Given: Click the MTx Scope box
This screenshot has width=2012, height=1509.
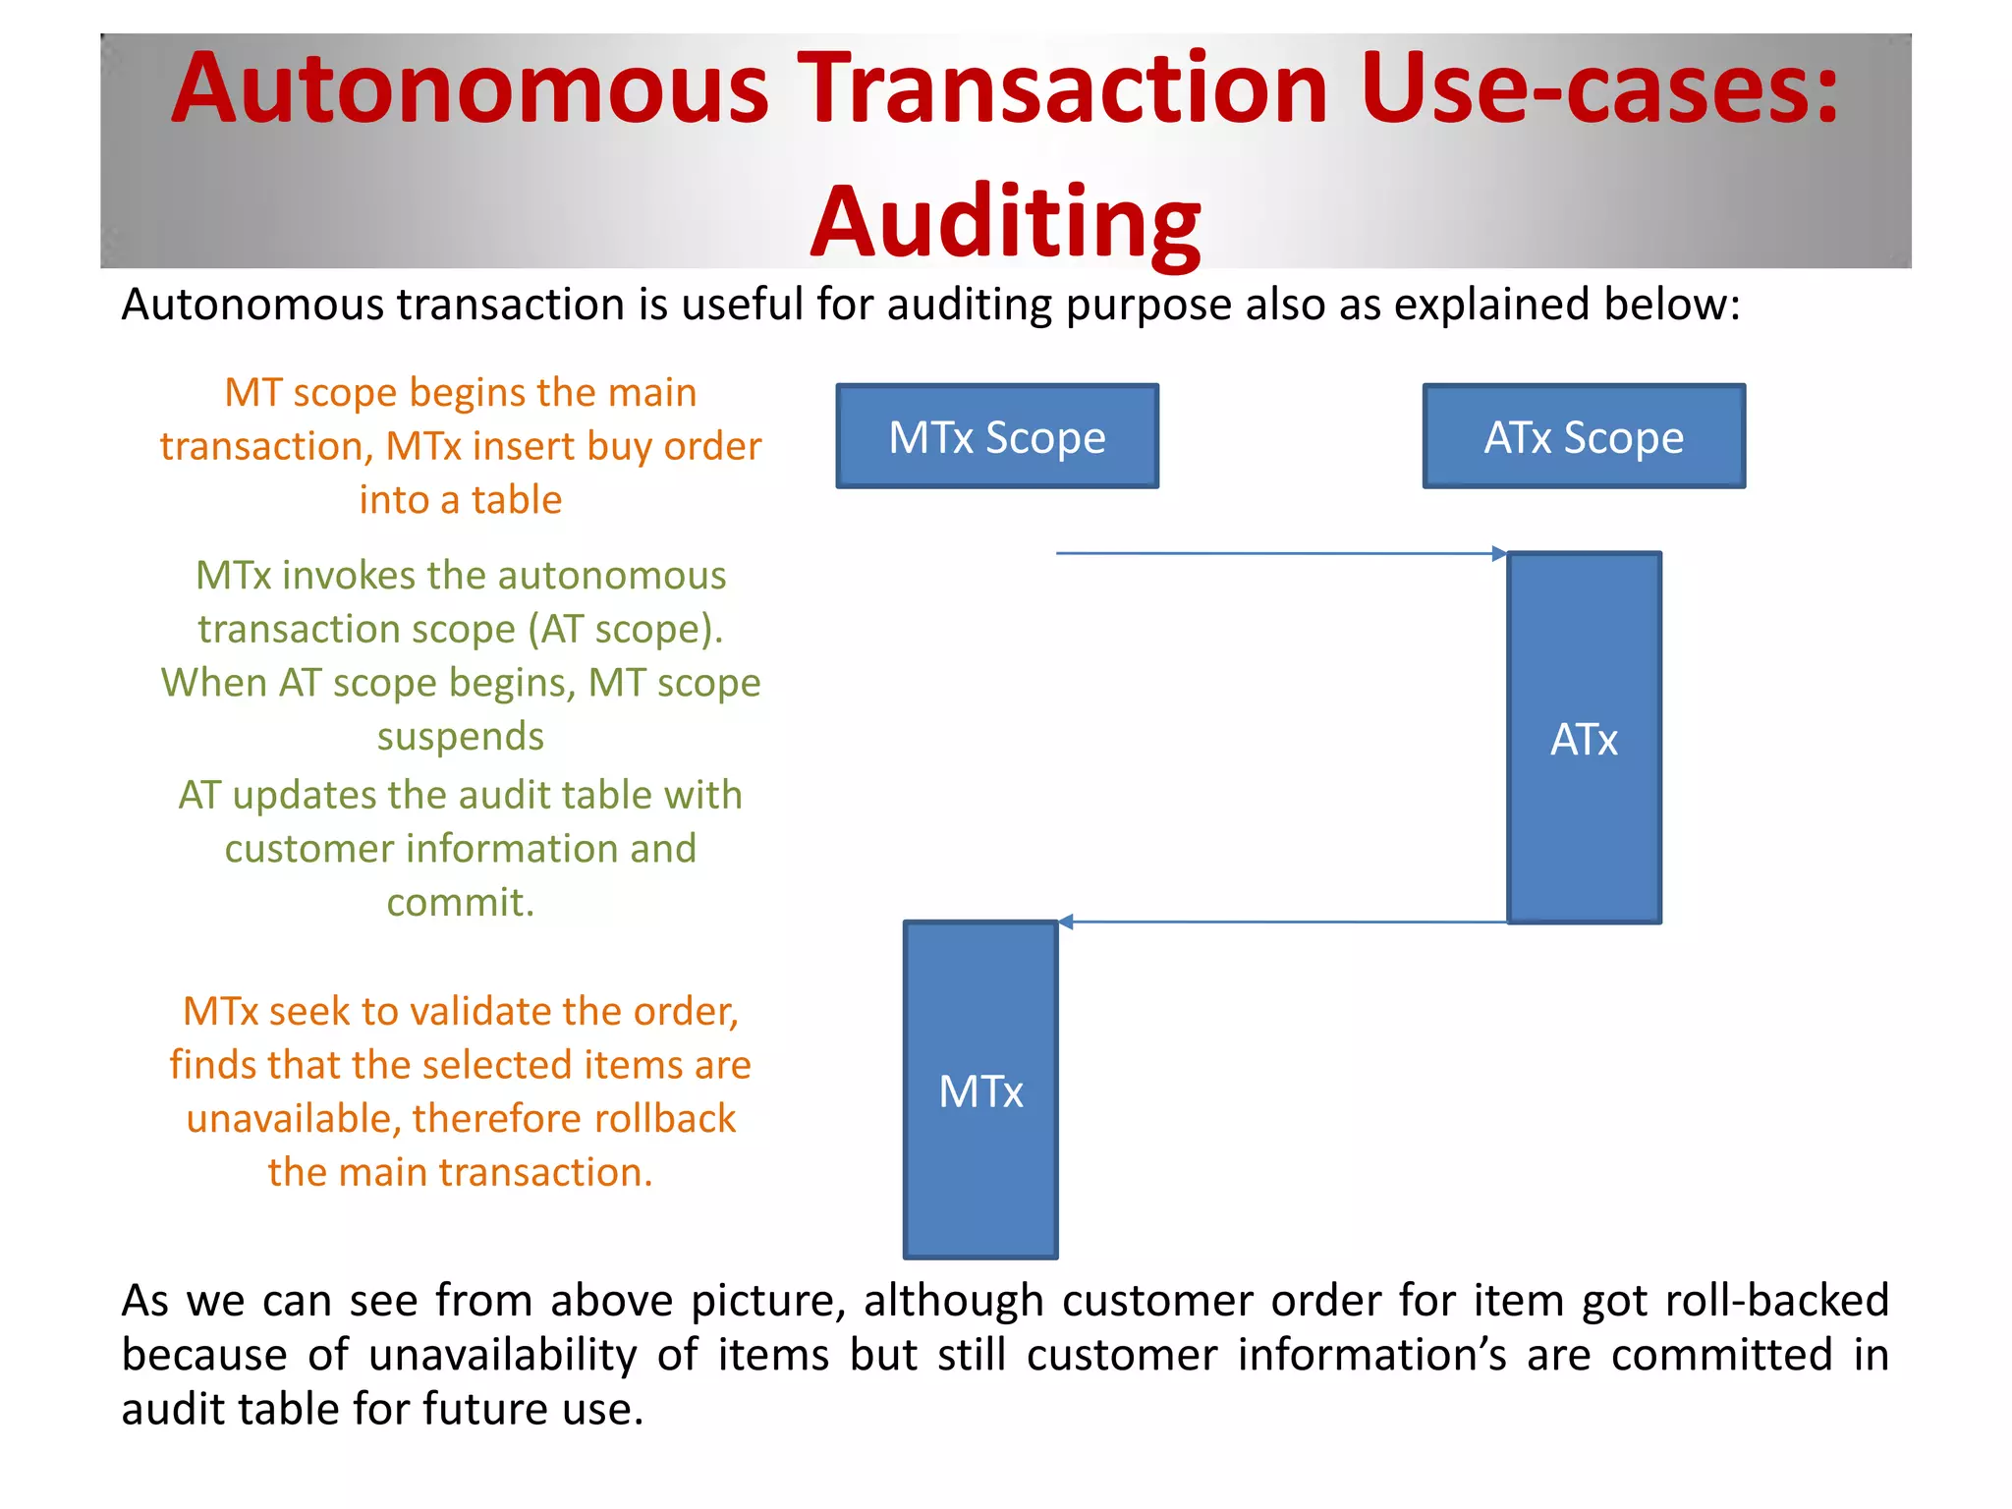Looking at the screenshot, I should pyautogui.click(x=997, y=436).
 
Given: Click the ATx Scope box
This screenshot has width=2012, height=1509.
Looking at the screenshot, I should pyautogui.click(x=1584, y=436).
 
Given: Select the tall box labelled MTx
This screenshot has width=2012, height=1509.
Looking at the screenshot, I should pyautogui.click(x=980, y=1090).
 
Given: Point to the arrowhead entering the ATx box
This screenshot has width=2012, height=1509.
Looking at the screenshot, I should pyautogui.click(x=1499, y=554).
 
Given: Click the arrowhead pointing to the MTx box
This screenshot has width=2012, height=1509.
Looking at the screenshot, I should pyautogui.click(x=1066, y=922).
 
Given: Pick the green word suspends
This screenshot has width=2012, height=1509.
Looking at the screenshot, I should pyautogui.click(x=461, y=736).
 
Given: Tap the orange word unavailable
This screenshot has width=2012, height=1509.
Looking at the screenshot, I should pyautogui.click(x=293, y=1118).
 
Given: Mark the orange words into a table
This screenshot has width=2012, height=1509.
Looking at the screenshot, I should pyautogui.click(x=461, y=500).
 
